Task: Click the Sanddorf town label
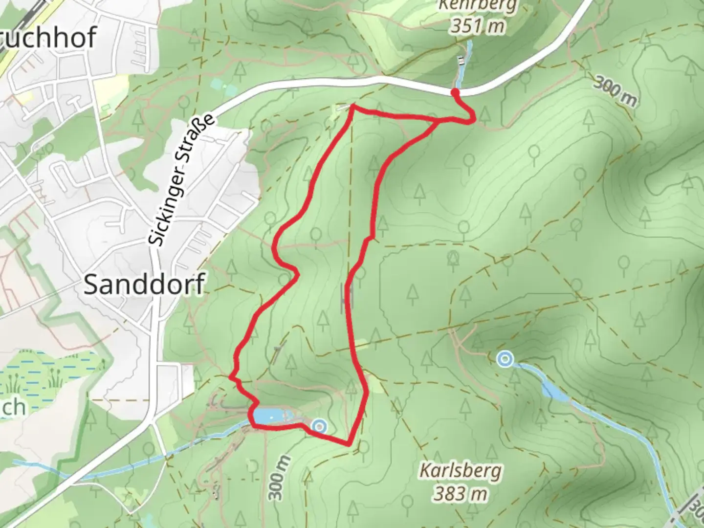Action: [144, 285]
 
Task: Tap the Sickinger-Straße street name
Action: [181, 180]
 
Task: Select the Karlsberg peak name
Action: [461, 471]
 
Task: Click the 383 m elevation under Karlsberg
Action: [461, 493]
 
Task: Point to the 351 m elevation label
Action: [477, 26]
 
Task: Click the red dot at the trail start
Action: [455, 92]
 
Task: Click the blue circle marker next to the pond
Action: [319, 426]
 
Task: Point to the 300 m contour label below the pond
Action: [279, 478]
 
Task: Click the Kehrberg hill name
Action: [477, 6]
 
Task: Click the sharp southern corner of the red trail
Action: [348, 444]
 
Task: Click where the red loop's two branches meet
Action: [437, 120]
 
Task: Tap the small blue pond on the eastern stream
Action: [554, 391]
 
